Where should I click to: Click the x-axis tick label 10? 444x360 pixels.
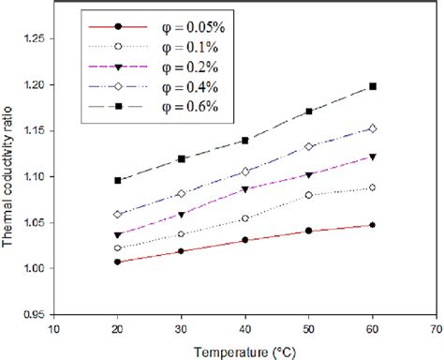(x=54, y=329)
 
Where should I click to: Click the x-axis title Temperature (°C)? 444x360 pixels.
(x=244, y=351)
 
